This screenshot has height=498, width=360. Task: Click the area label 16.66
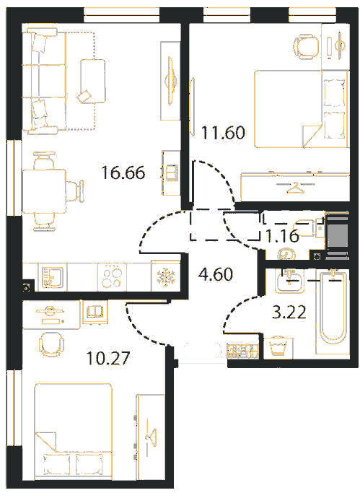(x=123, y=172)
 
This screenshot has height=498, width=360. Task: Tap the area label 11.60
(x=223, y=133)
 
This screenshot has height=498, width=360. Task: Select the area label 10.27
(x=108, y=358)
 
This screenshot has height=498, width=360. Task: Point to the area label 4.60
(x=216, y=274)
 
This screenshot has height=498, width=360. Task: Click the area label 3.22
(x=289, y=312)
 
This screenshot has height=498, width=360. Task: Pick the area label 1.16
(x=283, y=236)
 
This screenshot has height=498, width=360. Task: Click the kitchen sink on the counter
(x=53, y=277)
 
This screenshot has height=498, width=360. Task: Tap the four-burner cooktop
(x=112, y=276)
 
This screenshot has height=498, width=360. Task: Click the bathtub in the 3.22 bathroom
(x=333, y=312)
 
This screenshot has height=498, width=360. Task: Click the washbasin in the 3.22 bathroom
(x=290, y=281)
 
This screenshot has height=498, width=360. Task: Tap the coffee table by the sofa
(x=92, y=81)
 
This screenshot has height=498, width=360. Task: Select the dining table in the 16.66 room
(x=44, y=191)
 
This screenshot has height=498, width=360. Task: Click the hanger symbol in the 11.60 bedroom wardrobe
(x=295, y=187)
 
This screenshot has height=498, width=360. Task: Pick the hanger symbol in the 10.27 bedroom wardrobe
(x=151, y=435)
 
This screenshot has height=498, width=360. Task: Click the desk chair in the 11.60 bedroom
(x=307, y=47)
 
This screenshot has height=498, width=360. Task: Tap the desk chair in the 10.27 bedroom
(x=51, y=344)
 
